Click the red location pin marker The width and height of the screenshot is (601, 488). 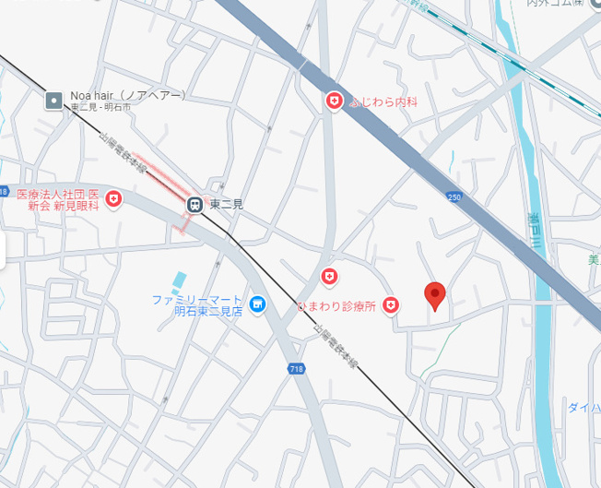(435, 295)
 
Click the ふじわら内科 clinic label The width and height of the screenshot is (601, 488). (383, 101)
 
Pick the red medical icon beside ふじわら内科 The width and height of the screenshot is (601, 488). (335, 101)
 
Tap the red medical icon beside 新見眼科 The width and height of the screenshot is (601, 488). (113, 198)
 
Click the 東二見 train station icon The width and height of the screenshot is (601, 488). (194, 205)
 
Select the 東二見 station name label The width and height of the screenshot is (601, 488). (226, 205)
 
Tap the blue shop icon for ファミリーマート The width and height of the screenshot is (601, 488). (257, 304)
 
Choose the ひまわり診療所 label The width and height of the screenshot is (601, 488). (336, 306)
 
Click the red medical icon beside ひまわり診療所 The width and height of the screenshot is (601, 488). (391, 304)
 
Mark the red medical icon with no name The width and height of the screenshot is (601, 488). (329, 276)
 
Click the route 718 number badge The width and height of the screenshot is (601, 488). (296, 369)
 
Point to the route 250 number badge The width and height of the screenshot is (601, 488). (453, 196)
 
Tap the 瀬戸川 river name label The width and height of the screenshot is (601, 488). (534, 232)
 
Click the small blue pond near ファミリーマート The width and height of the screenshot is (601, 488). (177, 279)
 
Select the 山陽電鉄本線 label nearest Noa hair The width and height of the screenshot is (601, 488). (124, 153)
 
